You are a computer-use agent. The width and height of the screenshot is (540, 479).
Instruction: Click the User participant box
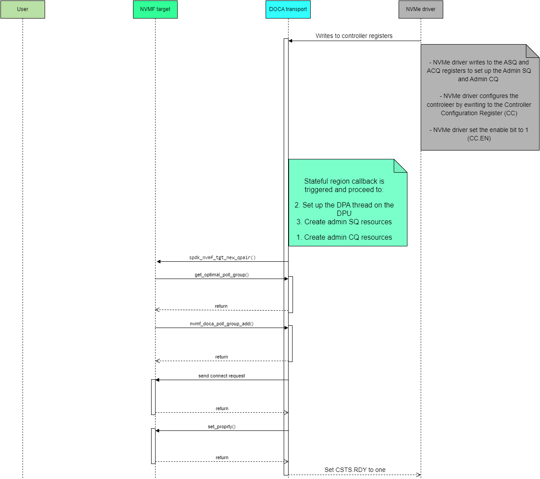pos(23,9)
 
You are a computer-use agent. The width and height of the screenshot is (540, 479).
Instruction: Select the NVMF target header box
pos(155,9)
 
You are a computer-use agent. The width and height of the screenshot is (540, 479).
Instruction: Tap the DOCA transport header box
pos(288,9)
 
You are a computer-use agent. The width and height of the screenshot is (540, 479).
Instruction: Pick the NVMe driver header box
pos(420,9)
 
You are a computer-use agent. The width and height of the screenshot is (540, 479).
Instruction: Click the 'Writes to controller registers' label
pos(354,36)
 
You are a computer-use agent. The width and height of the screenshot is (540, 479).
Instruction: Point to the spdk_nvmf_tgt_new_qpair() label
pos(222,257)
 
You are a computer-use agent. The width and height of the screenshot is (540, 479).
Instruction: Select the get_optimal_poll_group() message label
pos(221,275)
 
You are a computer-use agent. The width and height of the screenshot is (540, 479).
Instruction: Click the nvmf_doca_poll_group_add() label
pos(221,324)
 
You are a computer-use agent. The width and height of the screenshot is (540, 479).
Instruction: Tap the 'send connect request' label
pos(221,376)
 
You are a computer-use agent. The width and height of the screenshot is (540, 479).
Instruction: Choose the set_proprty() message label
pos(221,426)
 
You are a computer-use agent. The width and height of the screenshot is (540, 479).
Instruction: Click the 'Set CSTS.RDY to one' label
pos(355,470)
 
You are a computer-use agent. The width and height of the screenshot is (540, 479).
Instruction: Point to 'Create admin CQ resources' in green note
pos(348,237)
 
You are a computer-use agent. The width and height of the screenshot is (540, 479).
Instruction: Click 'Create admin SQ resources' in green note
pos(348,222)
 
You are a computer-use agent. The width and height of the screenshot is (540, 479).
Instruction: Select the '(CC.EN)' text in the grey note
pos(479,138)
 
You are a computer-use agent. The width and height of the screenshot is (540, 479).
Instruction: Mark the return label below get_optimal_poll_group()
pos(221,306)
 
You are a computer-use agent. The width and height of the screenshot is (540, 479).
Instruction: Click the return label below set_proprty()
pos(222,457)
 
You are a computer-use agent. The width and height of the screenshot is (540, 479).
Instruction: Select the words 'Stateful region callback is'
pos(344,181)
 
